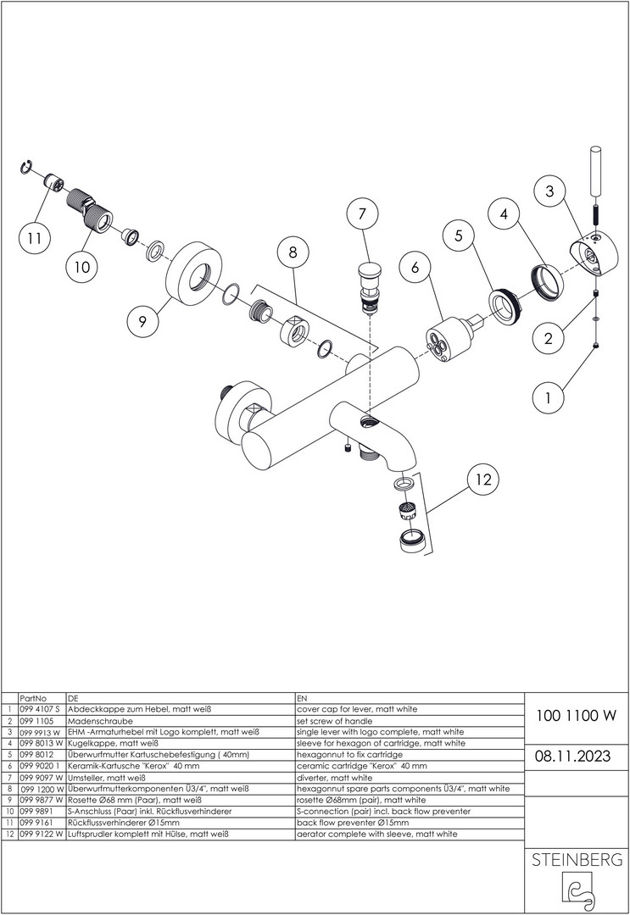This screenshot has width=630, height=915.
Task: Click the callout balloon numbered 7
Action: pyautogui.click(x=363, y=215)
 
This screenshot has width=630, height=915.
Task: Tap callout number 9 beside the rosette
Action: pyautogui.click(x=142, y=321)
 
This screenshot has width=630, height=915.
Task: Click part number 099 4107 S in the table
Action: pyautogui.click(x=38, y=708)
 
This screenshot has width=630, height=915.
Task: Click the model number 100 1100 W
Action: pyautogui.click(x=577, y=715)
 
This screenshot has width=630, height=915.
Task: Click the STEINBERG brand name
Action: pyautogui.click(x=577, y=860)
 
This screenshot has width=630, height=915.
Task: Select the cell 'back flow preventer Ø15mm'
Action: pyautogui.click(x=353, y=822)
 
